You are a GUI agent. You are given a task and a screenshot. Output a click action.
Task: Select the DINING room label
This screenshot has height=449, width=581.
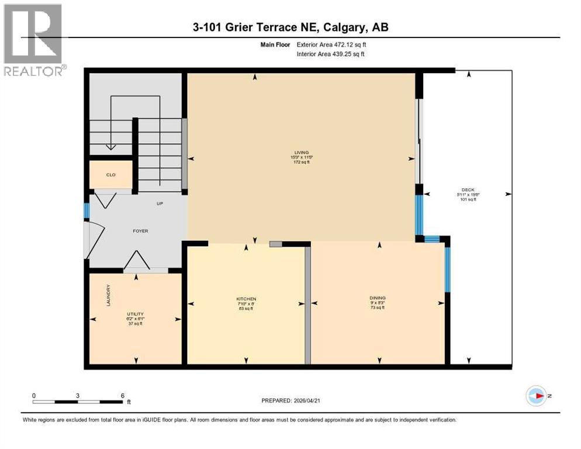pyautogui.click(x=377, y=298)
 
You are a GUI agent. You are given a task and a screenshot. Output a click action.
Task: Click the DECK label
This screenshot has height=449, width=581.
pyautogui.click(x=468, y=189)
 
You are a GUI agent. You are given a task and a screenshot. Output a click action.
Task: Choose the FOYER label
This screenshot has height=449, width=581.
pyautogui.click(x=140, y=231)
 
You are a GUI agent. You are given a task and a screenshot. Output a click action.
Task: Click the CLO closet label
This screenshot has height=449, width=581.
pyautogui.click(x=111, y=174)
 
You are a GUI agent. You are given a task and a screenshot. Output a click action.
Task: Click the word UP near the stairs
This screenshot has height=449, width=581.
pyautogui.click(x=159, y=204)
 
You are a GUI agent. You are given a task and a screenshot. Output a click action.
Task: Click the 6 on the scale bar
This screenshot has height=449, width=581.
pyautogui.click(x=122, y=395)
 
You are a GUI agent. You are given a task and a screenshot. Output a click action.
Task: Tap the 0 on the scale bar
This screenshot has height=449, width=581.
pyautogui.click(x=34, y=395)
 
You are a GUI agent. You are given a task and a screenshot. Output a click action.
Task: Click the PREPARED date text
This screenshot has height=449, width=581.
pyautogui.click(x=290, y=400)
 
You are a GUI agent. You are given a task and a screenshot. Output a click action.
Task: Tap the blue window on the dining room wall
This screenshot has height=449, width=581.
pyautogui.click(x=447, y=270)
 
